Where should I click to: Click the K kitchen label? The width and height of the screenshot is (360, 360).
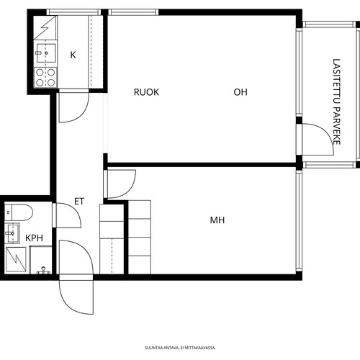[x=73, y=55]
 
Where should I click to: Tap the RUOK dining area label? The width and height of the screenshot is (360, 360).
[x=146, y=92]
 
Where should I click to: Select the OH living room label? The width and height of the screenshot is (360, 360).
[x=240, y=92]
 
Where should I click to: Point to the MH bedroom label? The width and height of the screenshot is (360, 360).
[x=217, y=220]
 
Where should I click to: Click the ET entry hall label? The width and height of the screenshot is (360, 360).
[x=79, y=202]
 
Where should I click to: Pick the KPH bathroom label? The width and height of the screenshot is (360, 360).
[x=35, y=238]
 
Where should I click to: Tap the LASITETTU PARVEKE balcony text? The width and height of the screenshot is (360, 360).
[x=336, y=102]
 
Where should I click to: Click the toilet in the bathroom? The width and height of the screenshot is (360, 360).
[x=19, y=212]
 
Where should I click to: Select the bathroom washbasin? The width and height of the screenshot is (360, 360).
[x=12, y=233]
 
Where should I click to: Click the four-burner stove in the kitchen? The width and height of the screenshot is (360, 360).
[x=45, y=77]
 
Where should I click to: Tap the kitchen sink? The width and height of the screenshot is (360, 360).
[x=45, y=53]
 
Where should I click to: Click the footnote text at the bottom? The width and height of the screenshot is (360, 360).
[x=180, y=348]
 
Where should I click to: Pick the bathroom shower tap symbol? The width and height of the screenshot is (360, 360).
[x=43, y=271]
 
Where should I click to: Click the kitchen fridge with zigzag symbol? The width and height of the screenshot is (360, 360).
[x=45, y=27]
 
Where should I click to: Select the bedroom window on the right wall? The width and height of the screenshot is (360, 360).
[x=299, y=221]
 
